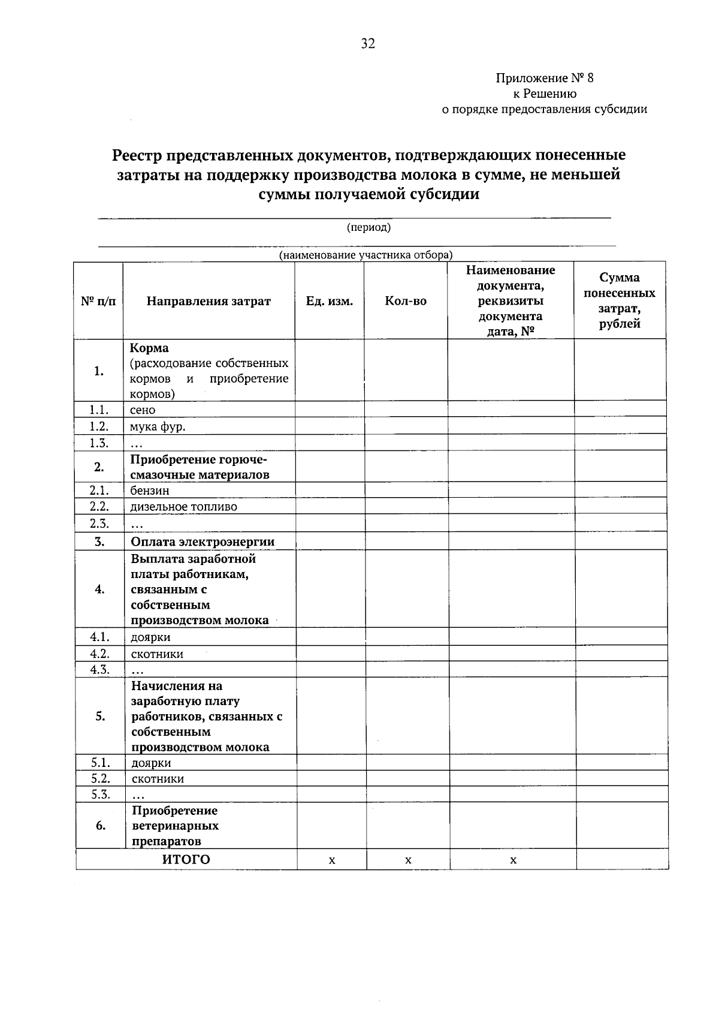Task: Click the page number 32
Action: [367, 43]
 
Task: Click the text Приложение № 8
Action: [544, 78]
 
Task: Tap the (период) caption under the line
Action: [368, 227]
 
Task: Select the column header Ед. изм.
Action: [329, 301]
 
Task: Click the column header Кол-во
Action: [406, 301]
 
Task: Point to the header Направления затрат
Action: [209, 301]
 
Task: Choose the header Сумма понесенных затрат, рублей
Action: [620, 300]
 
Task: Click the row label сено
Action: [143, 410]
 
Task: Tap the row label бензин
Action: [150, 491]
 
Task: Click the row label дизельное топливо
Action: [184, 507]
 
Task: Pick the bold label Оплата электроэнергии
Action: [203, 542]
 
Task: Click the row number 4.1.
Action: [99, 637]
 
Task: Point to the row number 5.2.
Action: [100, 778]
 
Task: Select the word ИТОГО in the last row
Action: [186, 860]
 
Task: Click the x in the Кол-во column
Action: [408, 860]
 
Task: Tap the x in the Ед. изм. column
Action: [332, 860]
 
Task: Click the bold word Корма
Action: [149, 348]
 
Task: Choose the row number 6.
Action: [101, 826]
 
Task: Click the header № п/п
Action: [98, 301]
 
